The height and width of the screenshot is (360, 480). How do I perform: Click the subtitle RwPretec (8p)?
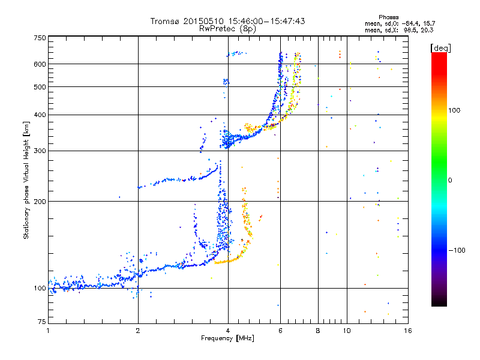(x=227, y=28)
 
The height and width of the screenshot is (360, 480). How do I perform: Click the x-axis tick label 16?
(x=407, y=331)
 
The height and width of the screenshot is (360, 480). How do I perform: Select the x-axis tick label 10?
(x=347, y=331)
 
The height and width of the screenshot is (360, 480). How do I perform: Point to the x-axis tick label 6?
(x=280, y=331)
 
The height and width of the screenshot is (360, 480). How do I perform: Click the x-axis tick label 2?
(x=138, y=331)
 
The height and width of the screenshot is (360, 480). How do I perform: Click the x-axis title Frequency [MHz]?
(x=227, y=339)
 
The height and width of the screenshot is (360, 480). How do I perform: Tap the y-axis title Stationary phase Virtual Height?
(x=26, y=180)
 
